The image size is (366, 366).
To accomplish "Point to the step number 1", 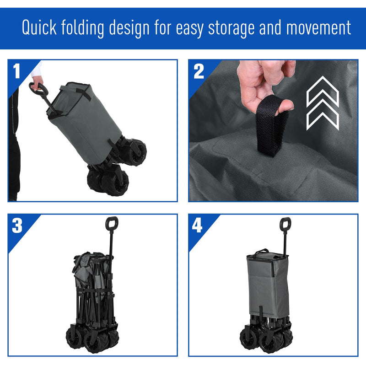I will (x=17, y=71).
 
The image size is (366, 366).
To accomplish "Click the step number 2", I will (x=199, y=71).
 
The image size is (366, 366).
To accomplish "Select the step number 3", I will (x=17, y=226).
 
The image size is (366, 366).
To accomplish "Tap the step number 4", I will (x=197, y=226).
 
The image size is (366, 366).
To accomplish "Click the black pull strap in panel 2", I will (x=273, y=129).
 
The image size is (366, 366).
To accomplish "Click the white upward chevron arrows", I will (x=322, y=102).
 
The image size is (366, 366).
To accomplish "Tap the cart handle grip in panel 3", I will (x=112, y=224).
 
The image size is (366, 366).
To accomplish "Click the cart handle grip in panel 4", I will (x=285, y=225).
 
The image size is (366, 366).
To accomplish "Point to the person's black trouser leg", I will (x=14, y=151).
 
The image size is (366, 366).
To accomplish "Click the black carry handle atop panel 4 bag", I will (x=262, y=251).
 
